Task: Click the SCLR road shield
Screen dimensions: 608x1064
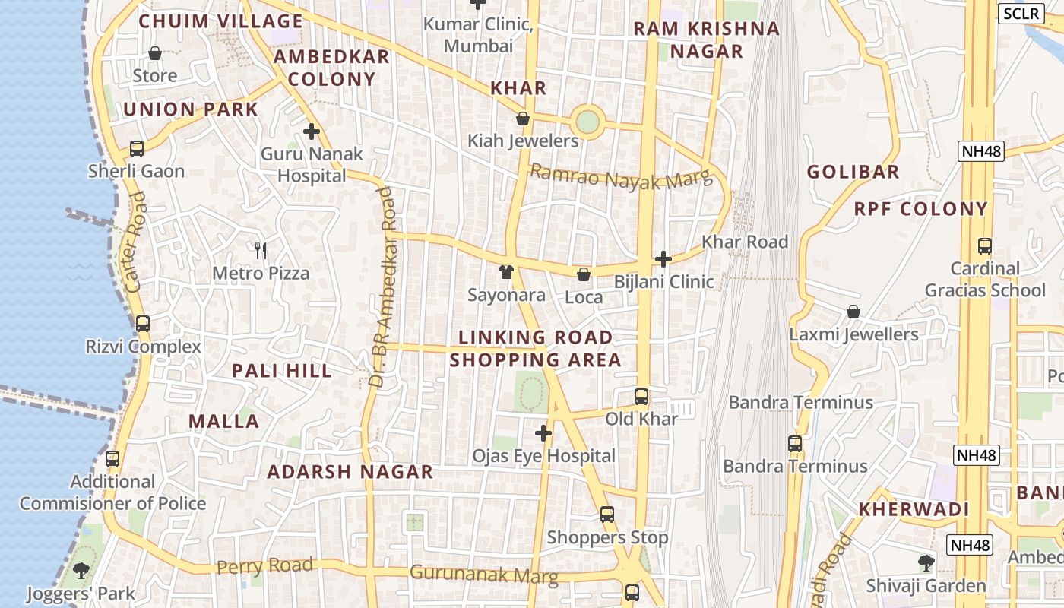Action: point(1021,13)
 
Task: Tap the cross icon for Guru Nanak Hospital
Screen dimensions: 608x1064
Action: point(311,131)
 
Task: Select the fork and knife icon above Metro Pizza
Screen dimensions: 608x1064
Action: point(261,250)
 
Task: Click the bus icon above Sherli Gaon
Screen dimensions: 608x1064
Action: point(137,149)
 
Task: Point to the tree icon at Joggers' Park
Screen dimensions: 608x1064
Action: point(81,570)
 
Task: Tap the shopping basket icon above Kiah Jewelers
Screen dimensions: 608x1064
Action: point(523,119)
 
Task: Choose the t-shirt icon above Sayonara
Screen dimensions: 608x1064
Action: point(506,272)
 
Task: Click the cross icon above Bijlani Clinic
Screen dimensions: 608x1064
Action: point(663,259)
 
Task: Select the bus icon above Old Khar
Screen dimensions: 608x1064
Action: point(641,397)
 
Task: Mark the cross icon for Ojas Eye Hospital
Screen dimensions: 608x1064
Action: point(543,433)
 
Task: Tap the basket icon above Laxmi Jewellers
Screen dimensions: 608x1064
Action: point(853,312)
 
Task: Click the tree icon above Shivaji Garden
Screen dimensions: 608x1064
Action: point(926,563)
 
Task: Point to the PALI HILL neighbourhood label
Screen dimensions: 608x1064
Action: point(282,371)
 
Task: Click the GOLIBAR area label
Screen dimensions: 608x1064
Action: point(853,172)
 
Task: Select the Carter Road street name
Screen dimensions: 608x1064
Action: point(135,242)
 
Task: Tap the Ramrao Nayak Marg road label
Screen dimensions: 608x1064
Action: point(621,176)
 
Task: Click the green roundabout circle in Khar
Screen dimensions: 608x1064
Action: point(587,122)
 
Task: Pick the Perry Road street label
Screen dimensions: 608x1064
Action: point(264,566)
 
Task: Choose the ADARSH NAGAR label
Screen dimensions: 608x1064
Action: point(350,472)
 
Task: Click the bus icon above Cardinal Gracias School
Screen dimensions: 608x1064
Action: point(985,246)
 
